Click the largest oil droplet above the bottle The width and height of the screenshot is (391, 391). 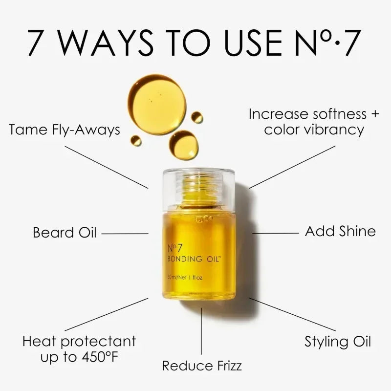tap(156, 104)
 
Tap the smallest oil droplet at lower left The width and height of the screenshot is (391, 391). tap(136, 141)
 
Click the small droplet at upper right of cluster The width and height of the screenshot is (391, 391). tap(196, 117)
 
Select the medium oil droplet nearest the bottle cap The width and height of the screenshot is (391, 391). tap(184, 145)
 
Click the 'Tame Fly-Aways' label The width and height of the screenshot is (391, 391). tap(65, 130)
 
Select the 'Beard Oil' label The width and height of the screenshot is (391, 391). tap(65, 232)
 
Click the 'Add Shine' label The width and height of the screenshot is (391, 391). tap(340, 231)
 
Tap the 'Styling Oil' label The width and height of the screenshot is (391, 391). tap(338, 341)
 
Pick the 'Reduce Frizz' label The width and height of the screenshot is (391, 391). tap(202, 365)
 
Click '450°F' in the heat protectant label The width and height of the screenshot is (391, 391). tap(97, 357)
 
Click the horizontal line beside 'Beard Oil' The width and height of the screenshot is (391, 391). tap(124, 233)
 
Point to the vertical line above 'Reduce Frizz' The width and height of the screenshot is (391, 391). tap(201, 330)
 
